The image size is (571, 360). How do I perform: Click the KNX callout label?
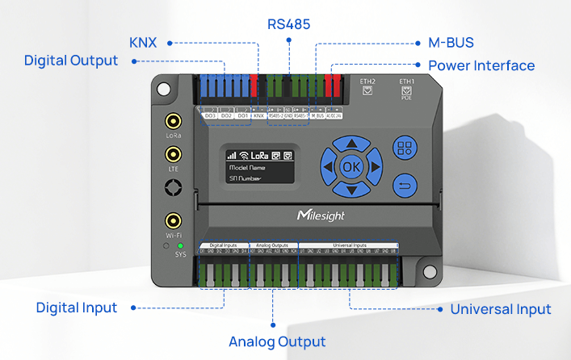tap(143, 42)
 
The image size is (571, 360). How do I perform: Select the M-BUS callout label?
tap(444, 42)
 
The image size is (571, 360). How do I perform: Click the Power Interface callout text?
tap(481, 65)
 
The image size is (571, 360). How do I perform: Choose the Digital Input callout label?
tap(77, 308)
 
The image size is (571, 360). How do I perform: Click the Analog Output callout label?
tap(277, 341)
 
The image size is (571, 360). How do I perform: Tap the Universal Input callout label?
tap(501, 309)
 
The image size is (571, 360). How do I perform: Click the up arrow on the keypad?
tap(350, 144)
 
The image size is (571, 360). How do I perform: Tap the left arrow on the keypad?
tap(327, 167)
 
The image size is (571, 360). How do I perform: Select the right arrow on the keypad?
tap(373, 167)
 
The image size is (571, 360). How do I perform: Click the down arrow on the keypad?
tap(350, 190)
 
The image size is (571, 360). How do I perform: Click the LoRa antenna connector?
tap(173, 122)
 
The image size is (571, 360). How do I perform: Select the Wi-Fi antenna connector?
tap(173, 220)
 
